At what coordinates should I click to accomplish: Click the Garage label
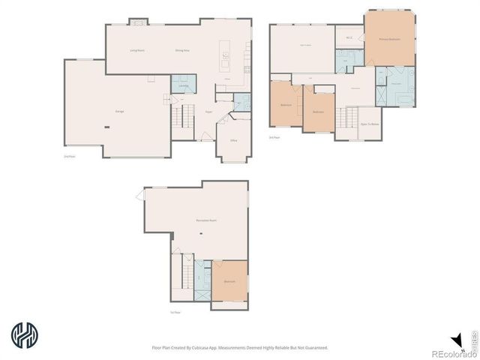[119, 111]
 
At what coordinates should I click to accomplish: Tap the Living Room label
[137, 50]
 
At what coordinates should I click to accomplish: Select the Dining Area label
[182, 50]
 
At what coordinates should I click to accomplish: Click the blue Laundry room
[184, 84]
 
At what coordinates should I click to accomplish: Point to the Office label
[234, 140]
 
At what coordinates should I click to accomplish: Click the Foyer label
[208, 112]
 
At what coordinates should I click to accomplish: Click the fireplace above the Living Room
[138, 22]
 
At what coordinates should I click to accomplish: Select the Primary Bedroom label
[388, 38]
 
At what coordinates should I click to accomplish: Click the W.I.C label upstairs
[349, 37]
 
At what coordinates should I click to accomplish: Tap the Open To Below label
[369, 124]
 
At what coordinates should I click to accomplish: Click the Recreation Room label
[207, 221]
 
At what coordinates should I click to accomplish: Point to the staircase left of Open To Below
[346, 118]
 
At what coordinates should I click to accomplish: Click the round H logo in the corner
[25, 334]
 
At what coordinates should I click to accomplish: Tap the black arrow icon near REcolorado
[454, 339]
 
